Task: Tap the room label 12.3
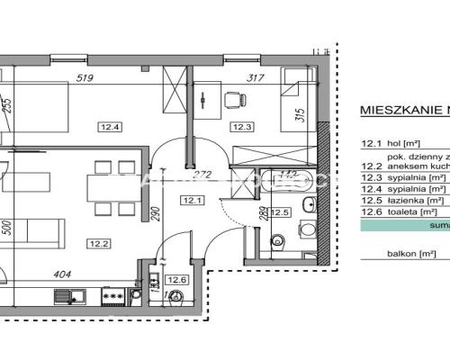point(241,127)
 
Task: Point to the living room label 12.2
point(98,241)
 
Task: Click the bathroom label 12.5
point(281,212)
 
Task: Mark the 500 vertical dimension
point(7,229)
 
